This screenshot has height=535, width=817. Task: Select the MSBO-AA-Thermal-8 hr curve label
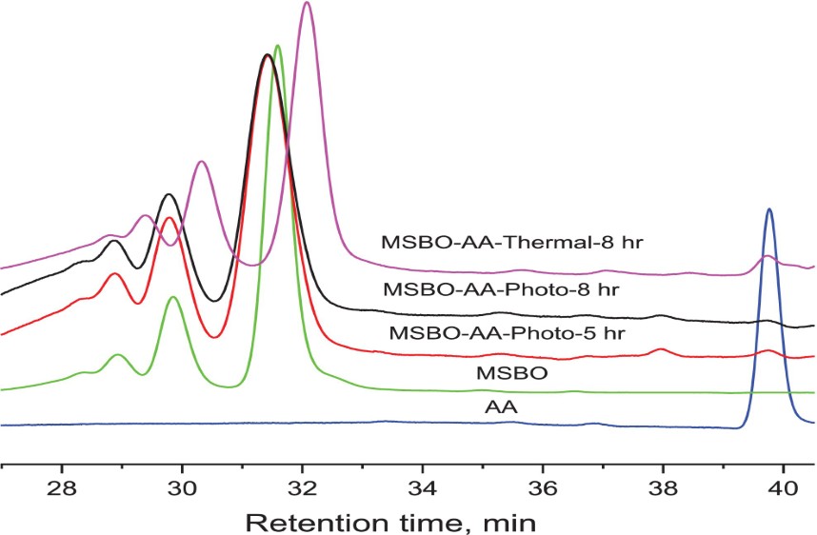click(512, 242)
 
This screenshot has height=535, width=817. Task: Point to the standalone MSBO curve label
click(512, 373)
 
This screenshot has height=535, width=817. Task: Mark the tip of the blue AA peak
click(768, 209)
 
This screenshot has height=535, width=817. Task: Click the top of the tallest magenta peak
click(306, 3)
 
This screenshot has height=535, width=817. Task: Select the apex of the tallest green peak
click(277, 46)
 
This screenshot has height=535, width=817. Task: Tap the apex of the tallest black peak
click(268, 55)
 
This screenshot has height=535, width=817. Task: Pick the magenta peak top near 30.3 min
click(201, 162)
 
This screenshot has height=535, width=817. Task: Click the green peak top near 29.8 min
click(173, 297)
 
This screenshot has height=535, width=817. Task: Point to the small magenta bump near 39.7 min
click(767, 256)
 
